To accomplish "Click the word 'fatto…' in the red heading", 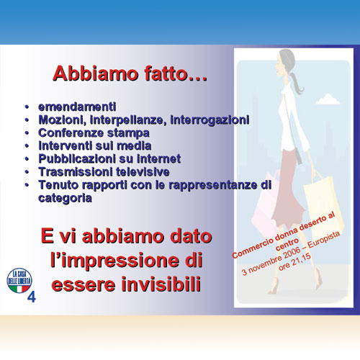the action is click(176, 73).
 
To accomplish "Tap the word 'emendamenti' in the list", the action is click(77, 107).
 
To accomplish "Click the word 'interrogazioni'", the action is click(210, 120).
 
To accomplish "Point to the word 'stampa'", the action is click(128, 133).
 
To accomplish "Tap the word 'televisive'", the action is click(143, 172).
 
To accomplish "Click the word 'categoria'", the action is click(65, 198).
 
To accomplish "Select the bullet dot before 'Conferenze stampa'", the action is click(27, 133).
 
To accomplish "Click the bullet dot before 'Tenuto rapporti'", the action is click(27, 185).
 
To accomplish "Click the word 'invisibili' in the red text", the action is click(161, 284).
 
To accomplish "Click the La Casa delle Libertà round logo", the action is click(19, 281).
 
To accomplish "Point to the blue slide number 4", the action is click(32, 297).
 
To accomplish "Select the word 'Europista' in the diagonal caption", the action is click(324, 240).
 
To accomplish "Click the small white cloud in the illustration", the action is click(328, 99).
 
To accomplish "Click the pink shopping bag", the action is click(265, 202).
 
